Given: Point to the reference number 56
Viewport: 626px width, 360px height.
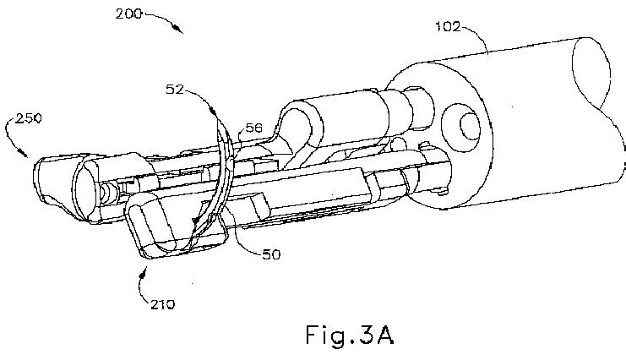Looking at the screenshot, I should click(x=254, y=128).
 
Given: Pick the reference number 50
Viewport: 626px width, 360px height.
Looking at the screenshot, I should click(x=270, y=253).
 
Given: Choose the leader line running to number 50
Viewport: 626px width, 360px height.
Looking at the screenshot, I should click(x=245, y=239).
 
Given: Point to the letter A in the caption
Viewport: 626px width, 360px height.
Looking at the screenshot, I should click(x=384, y=333).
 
